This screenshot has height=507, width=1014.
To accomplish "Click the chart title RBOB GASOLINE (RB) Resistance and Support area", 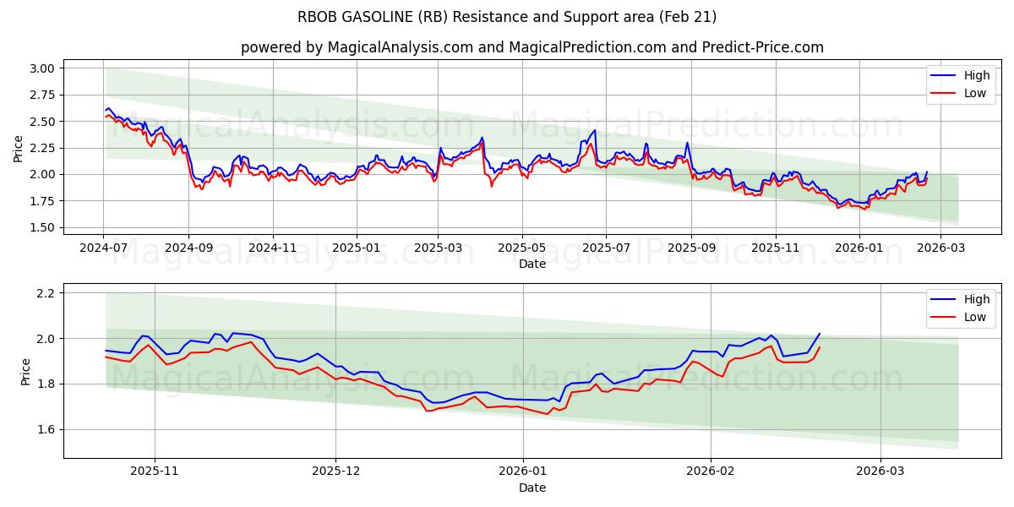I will pos(507,17).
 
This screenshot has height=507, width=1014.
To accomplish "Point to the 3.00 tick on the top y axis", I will pos(42,68).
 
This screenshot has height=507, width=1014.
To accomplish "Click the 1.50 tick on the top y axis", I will pos(42,227).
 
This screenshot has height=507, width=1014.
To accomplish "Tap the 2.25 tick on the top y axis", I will pos(42,148).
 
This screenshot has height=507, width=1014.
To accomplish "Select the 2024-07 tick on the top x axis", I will pos(103,248).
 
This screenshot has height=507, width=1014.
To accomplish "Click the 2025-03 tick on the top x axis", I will pos(438,248).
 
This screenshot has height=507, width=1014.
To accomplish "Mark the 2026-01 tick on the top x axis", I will pos(859,248).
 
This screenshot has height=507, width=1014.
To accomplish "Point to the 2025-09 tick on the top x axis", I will pos(691,248).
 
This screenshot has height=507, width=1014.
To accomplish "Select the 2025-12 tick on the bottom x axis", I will pos(336,472).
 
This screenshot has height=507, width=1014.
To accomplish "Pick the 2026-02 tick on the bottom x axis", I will pos(711,472).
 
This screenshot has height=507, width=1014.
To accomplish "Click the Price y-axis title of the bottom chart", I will pos(25,372).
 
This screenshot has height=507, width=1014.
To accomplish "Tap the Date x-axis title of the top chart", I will pos(532,264).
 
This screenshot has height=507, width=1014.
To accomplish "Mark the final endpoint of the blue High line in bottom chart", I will pos(819,333).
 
